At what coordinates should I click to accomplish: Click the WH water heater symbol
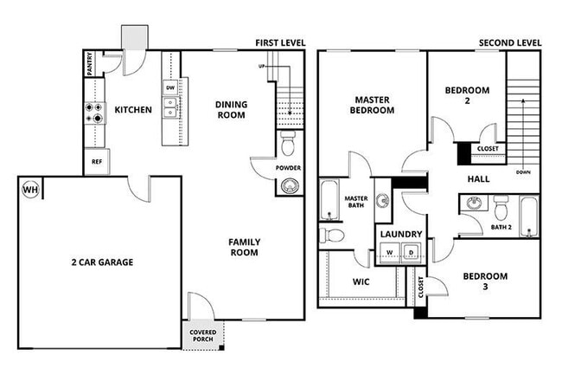[x=30, y=190]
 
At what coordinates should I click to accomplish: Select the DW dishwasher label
[x=170, y=87]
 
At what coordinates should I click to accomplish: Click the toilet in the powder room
[x=288, y=139]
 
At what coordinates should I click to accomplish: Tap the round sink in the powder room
[x=288, y=184]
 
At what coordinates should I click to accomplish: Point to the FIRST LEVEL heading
[x=280, y=42]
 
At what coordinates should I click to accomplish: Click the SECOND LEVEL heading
[x=510, y=42]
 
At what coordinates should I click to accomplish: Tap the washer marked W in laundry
[x=389, y=253]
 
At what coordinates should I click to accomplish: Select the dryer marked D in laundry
[x=412, y=253]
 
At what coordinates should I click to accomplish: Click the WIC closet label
[x=361, y=281]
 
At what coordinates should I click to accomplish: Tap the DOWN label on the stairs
[x=523, y=171]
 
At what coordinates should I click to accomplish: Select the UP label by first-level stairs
[x=262, y=67]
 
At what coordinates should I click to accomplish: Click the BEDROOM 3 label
[x=485, y=281]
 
